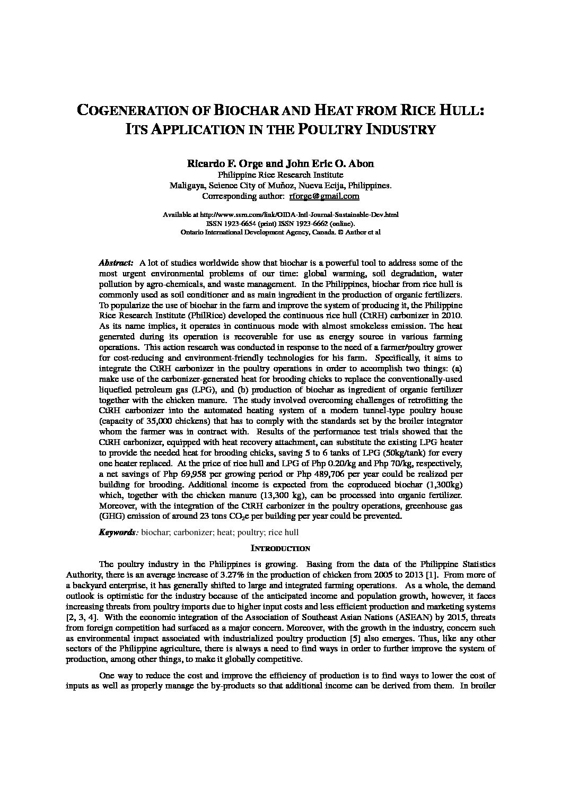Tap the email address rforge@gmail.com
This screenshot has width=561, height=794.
324,196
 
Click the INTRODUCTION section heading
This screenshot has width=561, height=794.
280,548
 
